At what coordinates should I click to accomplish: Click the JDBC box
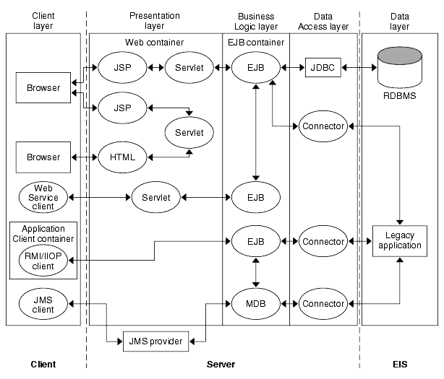pyautogui.click(x=322, y=67)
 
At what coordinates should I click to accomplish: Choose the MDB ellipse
pyautogui.click(x=255, y=304)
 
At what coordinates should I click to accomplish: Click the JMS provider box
pyautogui.click(x=156, y=340)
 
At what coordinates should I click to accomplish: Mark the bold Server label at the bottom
pyautogui.click(x=221, y=365)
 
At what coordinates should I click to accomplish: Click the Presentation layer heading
pyautogui.click(x=154, y=20)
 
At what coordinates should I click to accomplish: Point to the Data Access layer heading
pyautogui.click(x=323, y=20)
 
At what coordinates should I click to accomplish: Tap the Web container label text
pyautogui.click(x=154, y=43)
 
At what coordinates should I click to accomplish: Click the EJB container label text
pyautogui.click(x=255, y=43)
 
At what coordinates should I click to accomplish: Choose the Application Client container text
pyautogui.click(x=43, y=232)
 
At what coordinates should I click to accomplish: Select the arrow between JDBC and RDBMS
pyautogui.click(x=359, y=67)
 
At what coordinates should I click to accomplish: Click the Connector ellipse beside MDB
pyautogui.click(x=322, y=304)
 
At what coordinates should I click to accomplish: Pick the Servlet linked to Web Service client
pyautogui.click(x=155, y=196)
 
